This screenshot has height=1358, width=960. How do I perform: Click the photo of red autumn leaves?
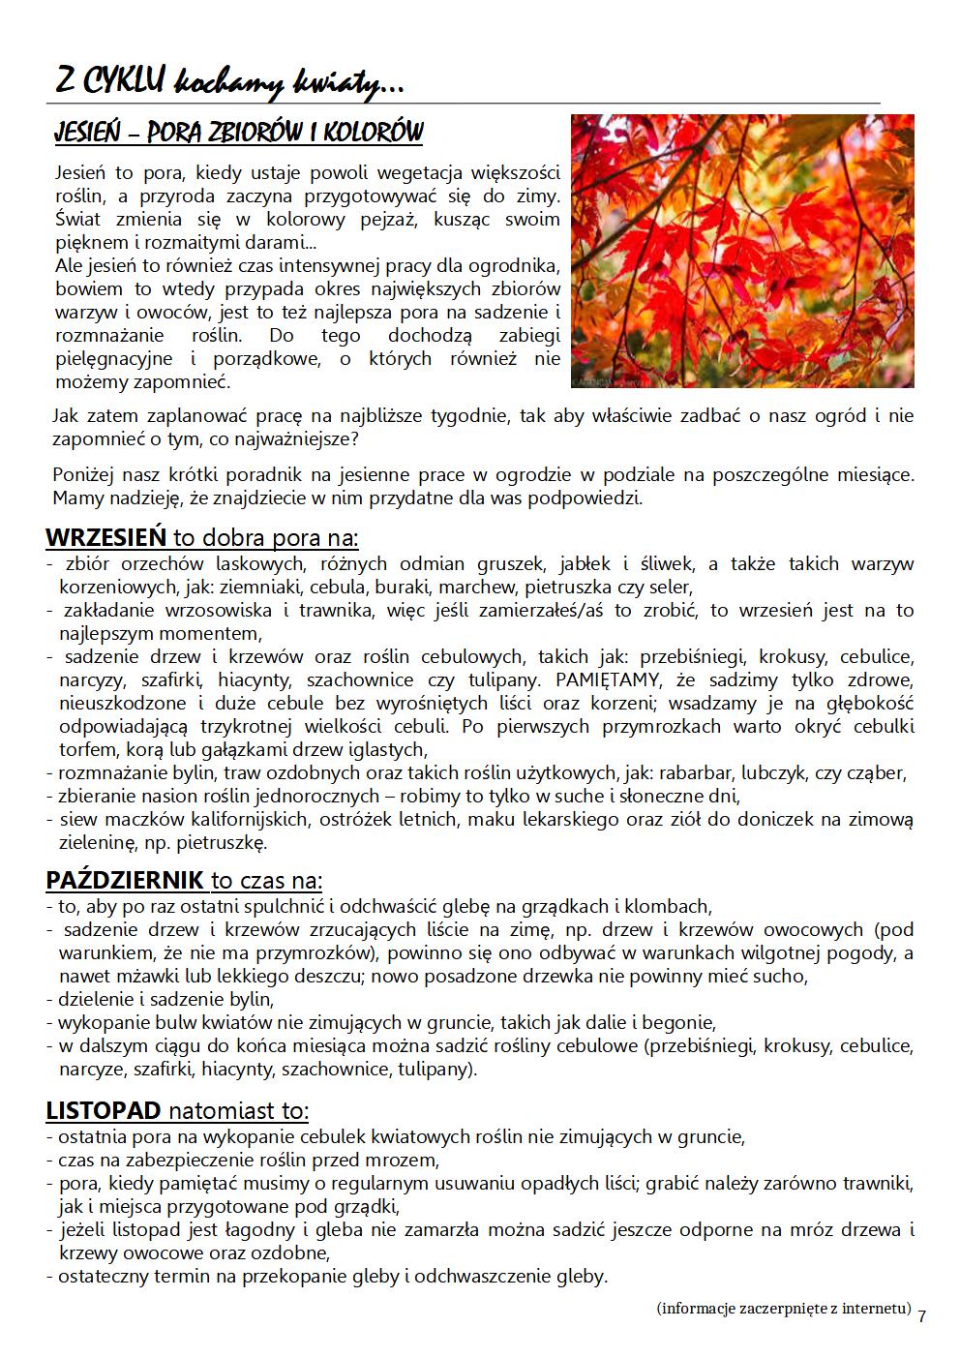742,251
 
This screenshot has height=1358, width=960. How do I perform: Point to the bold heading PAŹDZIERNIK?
125,881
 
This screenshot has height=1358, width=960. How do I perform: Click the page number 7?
921,1316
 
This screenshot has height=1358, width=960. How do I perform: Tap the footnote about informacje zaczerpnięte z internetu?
784,1309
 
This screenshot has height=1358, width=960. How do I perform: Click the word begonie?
682,1023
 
